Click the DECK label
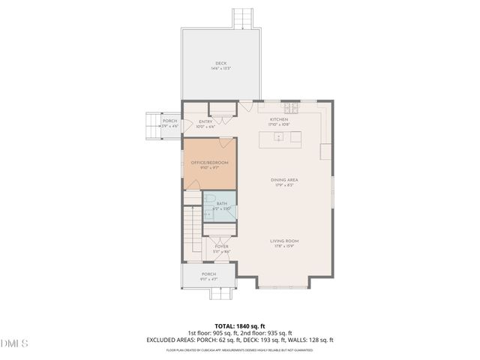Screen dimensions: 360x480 220,63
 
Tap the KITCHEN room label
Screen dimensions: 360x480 279,118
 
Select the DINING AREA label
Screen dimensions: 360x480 284,180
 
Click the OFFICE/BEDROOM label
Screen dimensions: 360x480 209,163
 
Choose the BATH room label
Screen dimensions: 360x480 222,203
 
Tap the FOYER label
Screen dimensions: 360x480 221,246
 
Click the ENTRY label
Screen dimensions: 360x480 205,121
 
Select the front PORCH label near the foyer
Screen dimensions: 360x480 208,274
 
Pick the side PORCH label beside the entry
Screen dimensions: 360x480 169,121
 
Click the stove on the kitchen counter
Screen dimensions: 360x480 290,109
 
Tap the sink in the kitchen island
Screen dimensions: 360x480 278,137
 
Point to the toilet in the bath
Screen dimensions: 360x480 211,199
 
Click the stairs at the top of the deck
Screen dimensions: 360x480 241,19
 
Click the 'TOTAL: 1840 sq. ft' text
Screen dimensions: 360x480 239,326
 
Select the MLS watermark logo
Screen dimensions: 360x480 14,344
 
